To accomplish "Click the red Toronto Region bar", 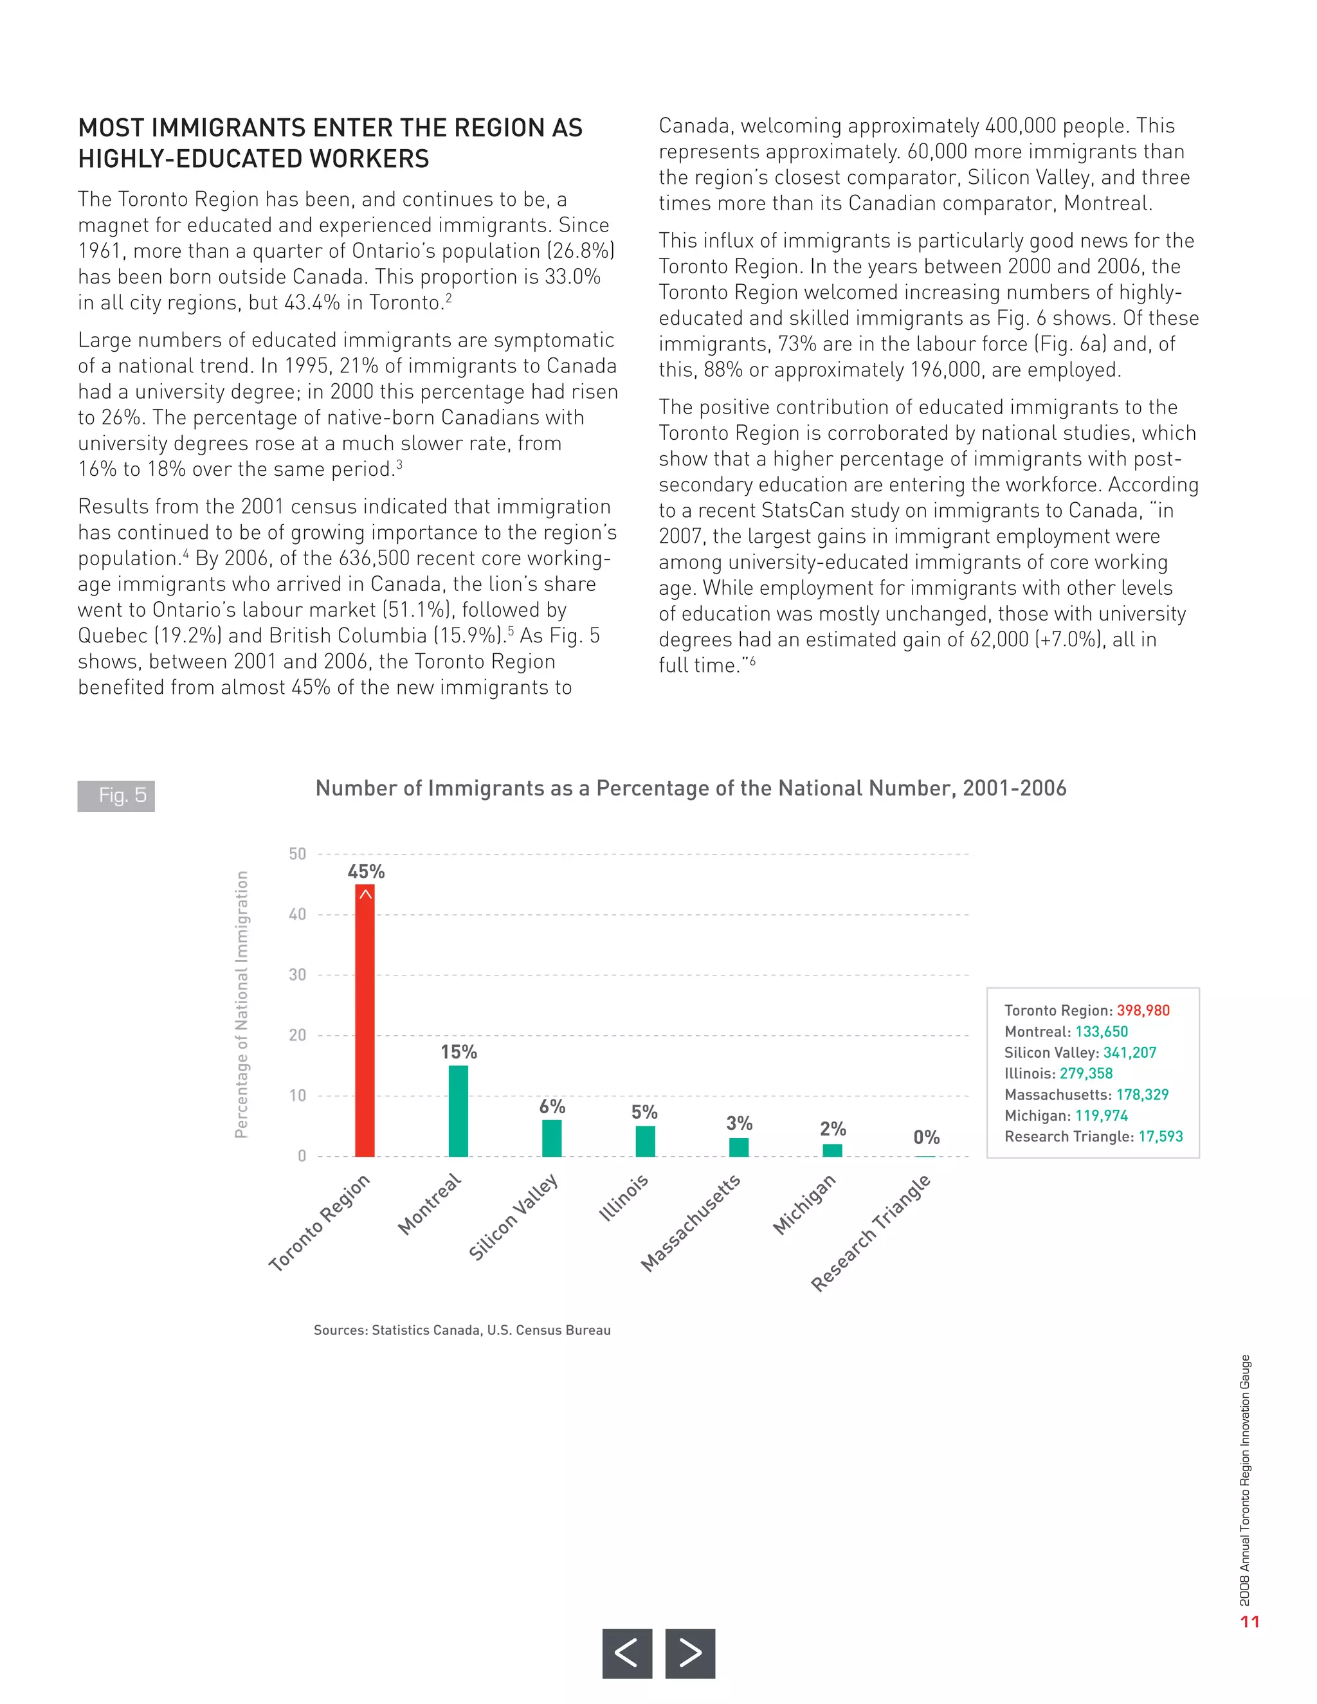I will point(365,1022).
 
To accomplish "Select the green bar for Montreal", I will point(458,1111).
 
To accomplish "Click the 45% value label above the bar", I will point(366,871).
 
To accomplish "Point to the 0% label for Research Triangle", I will point(926,1138).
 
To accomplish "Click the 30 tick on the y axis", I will point(297,974).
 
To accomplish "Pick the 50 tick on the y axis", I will point(297,853).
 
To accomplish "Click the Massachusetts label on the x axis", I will point(691,1224).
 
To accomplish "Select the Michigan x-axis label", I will point(804,1206).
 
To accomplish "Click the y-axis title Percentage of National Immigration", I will point(242,1004).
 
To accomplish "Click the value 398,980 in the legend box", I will point(1143,1010).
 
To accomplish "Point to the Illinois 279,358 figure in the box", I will point(1086,1074).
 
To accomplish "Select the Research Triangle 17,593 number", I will point(1160,1137).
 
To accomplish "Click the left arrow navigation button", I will point(626,1653).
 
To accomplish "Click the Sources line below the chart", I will point(462,1330).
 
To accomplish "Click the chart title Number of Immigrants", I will point(691,788).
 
